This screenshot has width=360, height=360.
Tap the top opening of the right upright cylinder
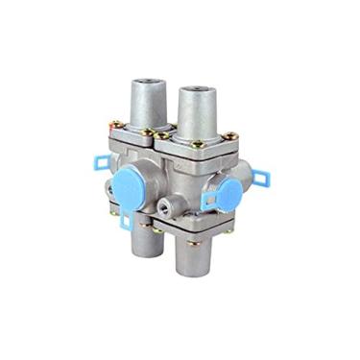click(201, 92)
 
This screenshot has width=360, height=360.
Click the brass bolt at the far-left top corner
click(116, 124)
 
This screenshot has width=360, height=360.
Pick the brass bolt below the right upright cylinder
click(199, 145)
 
